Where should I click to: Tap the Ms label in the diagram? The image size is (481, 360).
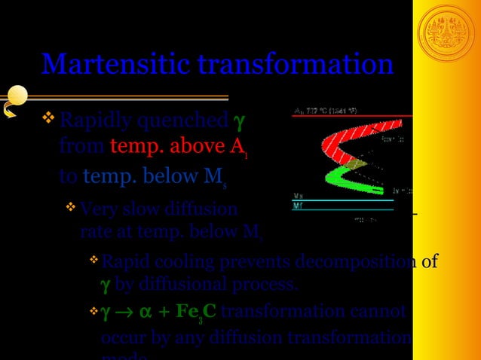pos(299,196)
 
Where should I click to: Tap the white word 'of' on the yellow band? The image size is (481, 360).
pos(429,262)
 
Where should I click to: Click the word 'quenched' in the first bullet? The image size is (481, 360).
pos(191,121)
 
